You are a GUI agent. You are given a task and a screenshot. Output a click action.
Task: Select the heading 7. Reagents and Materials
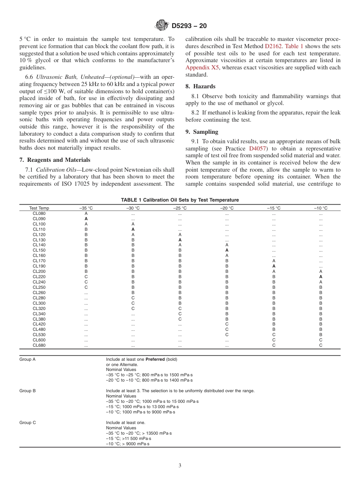[55, 160]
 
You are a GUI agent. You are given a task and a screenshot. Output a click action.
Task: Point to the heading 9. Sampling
[202, 131]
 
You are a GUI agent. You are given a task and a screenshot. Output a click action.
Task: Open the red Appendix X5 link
[202, 67]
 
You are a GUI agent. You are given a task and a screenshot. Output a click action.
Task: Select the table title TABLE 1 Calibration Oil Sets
[180, 200]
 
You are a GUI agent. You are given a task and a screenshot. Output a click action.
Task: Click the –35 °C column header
[86, 208]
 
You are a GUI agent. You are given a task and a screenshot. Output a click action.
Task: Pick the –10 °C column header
[321, 208]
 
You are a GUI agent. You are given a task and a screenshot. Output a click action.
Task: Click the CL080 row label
[39, 213]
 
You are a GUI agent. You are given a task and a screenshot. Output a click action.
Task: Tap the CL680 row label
[39, 345]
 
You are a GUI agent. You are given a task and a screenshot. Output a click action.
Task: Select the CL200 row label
[39, 271]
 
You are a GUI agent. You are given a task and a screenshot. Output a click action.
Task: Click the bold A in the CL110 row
[133, 229]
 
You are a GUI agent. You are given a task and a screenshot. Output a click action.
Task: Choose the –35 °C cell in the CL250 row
[86, 287]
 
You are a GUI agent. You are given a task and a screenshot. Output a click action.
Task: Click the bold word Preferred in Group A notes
[156, 359]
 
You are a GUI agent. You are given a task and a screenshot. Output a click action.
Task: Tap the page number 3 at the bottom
[180, 466]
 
